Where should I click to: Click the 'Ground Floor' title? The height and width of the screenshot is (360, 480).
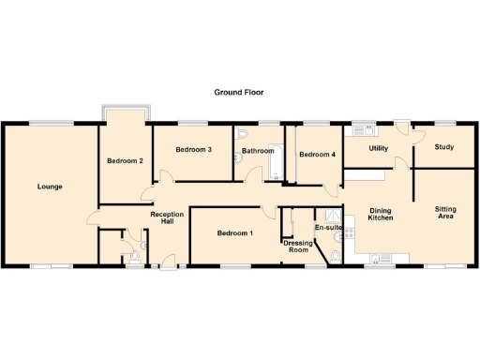(x=239, y=93)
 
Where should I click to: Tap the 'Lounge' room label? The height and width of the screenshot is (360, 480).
(x=50, y=187)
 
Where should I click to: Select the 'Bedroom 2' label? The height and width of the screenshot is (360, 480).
(x=125, y=161)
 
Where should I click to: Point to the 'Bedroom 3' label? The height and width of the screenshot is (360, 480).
(x=194, y=150)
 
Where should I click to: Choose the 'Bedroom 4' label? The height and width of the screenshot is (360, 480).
(x=317, y=155)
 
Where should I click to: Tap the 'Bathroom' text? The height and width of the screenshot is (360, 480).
(x=257, y=150)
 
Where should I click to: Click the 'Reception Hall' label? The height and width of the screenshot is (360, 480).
(x=167, y=218)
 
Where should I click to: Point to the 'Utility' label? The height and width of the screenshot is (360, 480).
(x=379, y=148)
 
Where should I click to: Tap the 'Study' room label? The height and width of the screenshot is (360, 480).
(x=444, y=146)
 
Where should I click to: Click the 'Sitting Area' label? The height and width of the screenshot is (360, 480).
(x=444, y=213)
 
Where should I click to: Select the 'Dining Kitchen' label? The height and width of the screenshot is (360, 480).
(x=380, y=214)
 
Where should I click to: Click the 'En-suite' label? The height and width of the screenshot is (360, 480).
(x=327, y=228)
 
